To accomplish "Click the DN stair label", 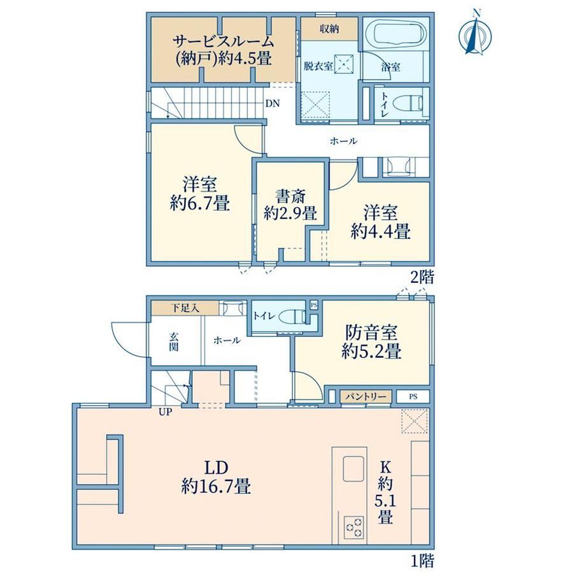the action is tap(273, 104).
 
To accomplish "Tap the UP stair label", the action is tap(165, 412).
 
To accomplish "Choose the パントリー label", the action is tap(366, 396).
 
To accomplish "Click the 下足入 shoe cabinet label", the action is tap(185, 308).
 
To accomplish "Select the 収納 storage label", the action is tap(329, 29).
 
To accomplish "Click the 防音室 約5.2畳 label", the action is tap(371, 341).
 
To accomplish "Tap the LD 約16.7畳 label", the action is tap(216, 477).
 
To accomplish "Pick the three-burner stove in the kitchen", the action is tap(354, 527).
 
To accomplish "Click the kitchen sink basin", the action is tap(353, 469).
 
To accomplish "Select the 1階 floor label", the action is tap(422, 561).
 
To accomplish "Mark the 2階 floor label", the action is tap(422, 277).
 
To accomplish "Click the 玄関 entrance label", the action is tap(173, 341).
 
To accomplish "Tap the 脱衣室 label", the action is tap(318, 66).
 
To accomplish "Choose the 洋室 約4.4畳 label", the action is tap(380, 222).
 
